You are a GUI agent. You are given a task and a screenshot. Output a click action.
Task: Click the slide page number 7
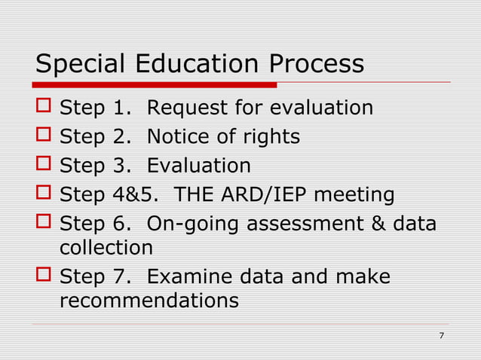[441, 334]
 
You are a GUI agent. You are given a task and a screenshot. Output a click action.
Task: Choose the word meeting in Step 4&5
[354, 196]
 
